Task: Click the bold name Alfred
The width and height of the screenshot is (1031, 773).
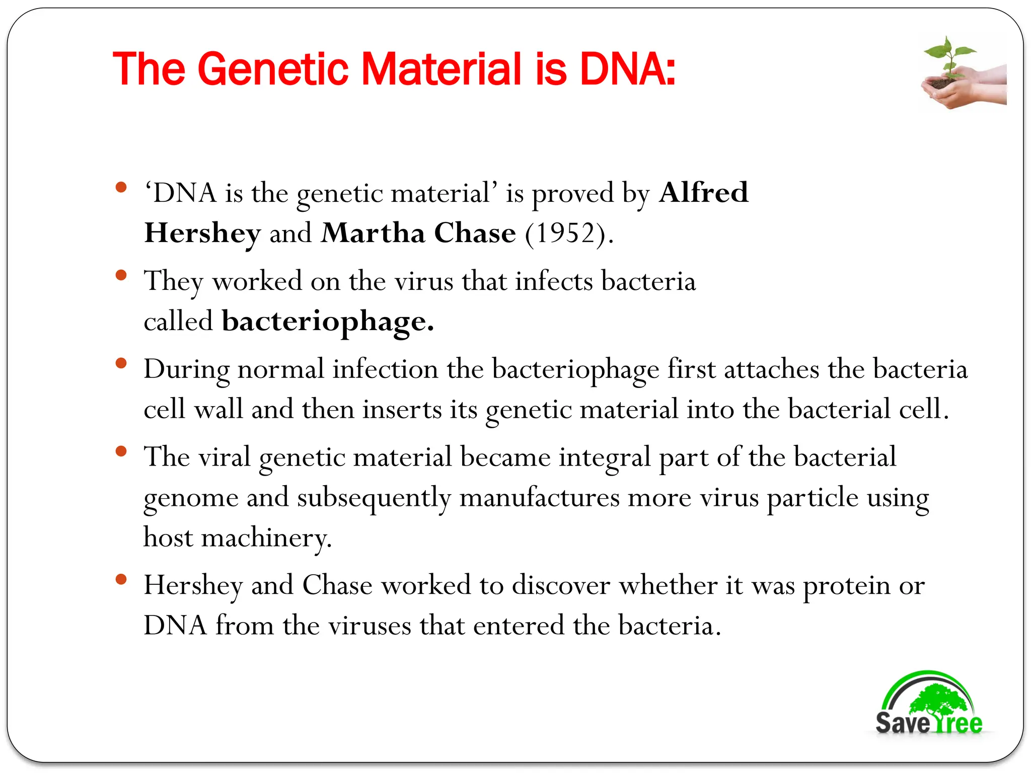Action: pyautogui.click(x=703, y=193)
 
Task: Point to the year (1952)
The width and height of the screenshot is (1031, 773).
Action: pyautogui.click(x=569, y=233)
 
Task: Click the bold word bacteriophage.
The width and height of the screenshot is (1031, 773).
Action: pyautogui.click(x=327, y=322)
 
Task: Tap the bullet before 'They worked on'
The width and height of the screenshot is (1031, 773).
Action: pyautogui.click(x=121, y=275)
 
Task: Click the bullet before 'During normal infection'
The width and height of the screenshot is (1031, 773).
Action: pyautogui.click(x=121, y=363)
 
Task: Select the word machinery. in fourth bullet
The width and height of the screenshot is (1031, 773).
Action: pyautogui.click(x=266, y=537)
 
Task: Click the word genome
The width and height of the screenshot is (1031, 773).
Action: pyautogui.click(x=191, y=498)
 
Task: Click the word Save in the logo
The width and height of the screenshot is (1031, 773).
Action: pyautogui.click(x=902, y=723)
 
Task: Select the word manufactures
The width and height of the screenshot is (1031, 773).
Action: pyautogui.click(x=539, y=498)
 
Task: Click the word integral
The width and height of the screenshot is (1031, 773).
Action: pyautogui.click(x=605, y=457)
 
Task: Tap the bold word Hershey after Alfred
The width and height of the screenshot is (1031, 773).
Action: pyautogui.click(x=202, y=233)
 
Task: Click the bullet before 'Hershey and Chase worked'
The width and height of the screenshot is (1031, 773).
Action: pyautogui.click(x=121, y=579)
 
